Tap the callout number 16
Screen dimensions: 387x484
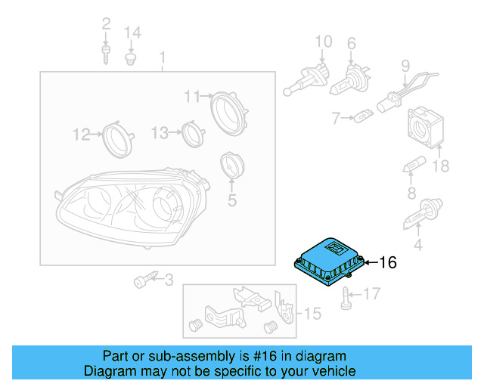point(387,263)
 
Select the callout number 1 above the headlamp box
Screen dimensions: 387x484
point(161,57)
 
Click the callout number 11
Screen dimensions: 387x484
point(191,96)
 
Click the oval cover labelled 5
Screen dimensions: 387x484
point(229,166)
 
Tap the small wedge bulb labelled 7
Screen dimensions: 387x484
point(364,116)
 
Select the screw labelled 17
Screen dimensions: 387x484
point(346,297)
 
